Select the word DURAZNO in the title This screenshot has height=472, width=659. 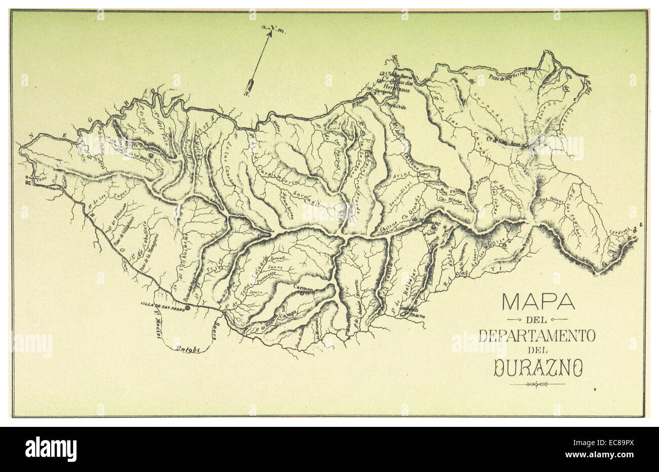pyautogui.click(x=537, y=369)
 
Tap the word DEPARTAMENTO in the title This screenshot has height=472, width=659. pyautogui.click(x=537, y=336)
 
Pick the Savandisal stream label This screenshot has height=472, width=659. pyautogui.click(x=400, y=202)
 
